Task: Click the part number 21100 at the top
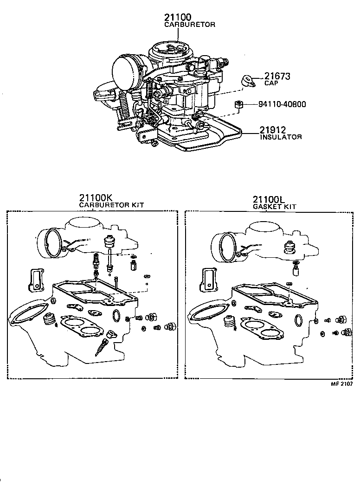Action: point(178,17)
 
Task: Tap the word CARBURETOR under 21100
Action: point(190,25)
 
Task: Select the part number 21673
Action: point(277,76)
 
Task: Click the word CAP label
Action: point(271,83)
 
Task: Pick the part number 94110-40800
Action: point(282,104)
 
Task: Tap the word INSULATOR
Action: point(281,137)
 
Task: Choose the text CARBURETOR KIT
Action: point(111,204)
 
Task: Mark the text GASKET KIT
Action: point(274,206)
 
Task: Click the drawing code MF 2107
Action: point(341,384)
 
